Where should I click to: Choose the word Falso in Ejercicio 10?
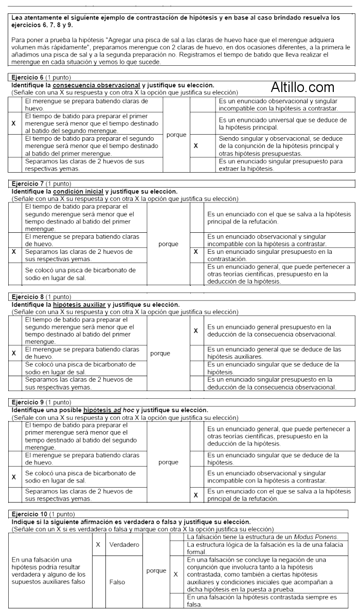click(118, 583)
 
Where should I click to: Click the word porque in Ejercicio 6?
click(176, 135)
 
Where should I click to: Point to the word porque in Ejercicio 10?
click(156, 570)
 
